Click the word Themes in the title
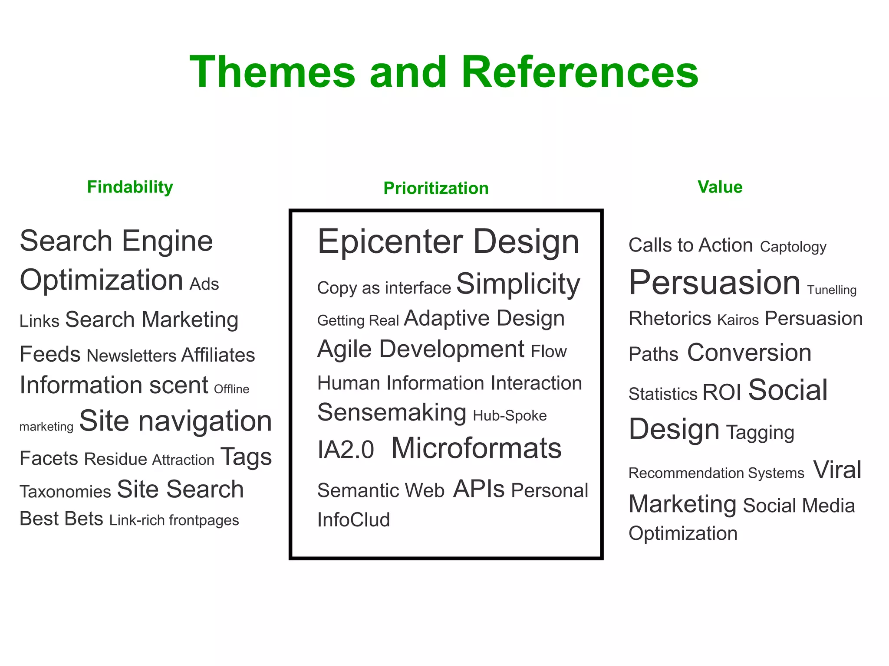pos(272,72)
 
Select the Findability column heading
pos(130,187)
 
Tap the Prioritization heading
pos(436,188)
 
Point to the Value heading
pos(720,187)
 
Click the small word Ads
pos(204,284)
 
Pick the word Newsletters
pos(131,356)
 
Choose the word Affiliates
pos(218,355)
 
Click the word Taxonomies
pos(65,492)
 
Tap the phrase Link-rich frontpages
pos(174,520)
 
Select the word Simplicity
pos(518,284)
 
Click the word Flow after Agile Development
pos(549,351)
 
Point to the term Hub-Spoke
pos(510,415)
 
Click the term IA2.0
pos(346,450)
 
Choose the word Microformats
pos(476,448)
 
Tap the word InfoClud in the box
pos(353,520)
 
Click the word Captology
pos(793,247)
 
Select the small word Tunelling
pos(832,290)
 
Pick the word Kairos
pos(738,320)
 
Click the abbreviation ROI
pos(721,392)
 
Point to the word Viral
pos(837,470)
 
